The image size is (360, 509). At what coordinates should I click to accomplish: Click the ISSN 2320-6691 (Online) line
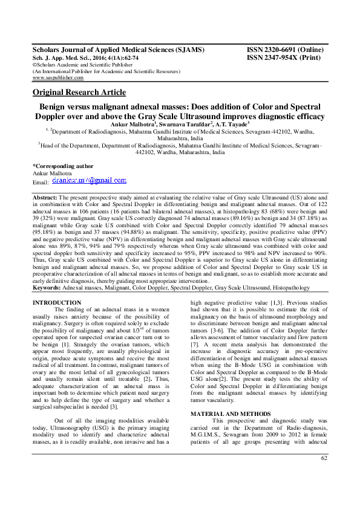[284, 50]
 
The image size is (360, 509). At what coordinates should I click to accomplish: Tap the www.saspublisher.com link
[58, 78]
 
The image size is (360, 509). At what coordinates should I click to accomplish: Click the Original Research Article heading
[79, 92]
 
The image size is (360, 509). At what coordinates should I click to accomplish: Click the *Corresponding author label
[63, 165]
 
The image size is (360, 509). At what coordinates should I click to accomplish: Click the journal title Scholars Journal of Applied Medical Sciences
[118, 50]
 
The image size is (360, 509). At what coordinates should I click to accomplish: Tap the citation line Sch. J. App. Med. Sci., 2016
[85, 57]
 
